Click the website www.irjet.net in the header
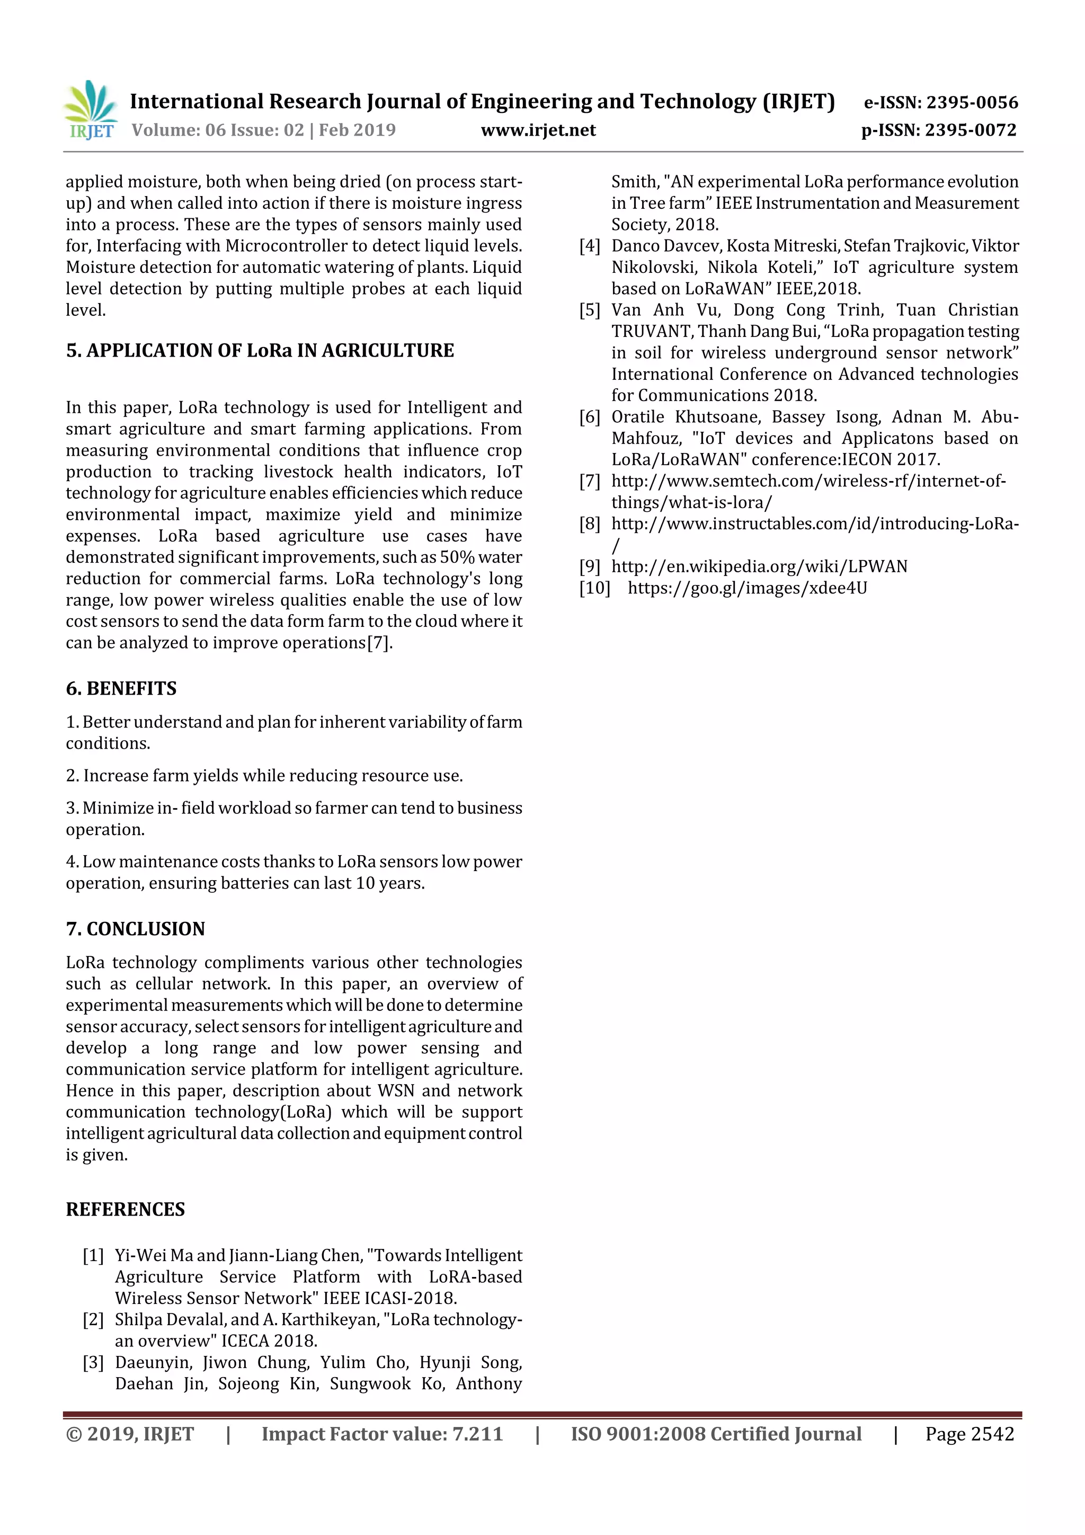click(x=538, y=130)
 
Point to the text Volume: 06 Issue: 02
click(x=217, y=130)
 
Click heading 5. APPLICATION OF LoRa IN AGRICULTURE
click(x=260, y=350)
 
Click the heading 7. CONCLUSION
click(x=135, y=929)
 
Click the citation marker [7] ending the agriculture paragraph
click(x=378, y=643)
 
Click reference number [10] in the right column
click(x=594, y=588)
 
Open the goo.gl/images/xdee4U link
click(x=746, y=588)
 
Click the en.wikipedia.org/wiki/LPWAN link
click(x=759, y=566)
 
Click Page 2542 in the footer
click(x=970, y=1433)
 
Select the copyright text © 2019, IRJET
click(x=130, y=1433)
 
